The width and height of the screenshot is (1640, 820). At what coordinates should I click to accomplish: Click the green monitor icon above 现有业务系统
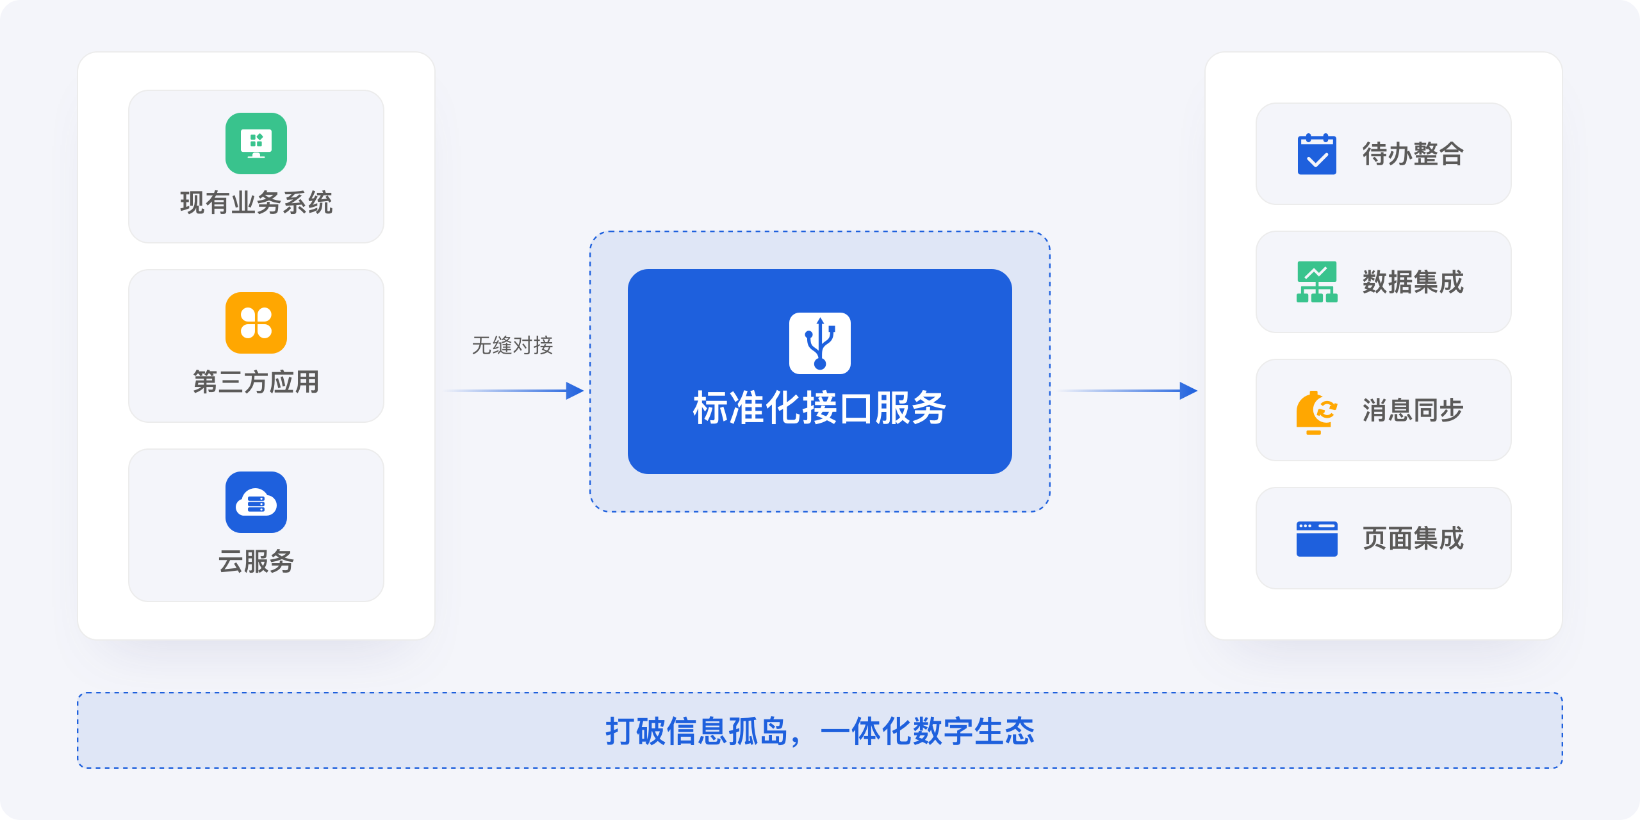256,143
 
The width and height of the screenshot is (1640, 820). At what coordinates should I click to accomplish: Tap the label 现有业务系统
256,203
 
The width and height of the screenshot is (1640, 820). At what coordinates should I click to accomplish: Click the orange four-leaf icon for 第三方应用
256,323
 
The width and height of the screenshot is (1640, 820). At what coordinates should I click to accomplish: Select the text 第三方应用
256,382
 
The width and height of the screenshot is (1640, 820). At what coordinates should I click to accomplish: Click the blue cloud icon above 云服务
256,502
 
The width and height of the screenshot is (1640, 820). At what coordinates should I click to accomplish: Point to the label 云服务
256,562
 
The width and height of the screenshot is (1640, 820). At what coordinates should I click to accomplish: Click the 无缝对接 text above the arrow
512,345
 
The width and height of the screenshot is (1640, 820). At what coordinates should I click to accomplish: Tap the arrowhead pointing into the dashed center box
575,391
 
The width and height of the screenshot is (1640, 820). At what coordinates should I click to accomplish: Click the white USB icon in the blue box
820,343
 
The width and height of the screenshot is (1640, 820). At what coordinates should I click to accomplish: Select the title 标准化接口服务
820,408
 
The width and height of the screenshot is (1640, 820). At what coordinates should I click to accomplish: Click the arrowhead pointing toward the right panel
1188,391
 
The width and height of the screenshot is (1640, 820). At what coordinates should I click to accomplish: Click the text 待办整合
1413,154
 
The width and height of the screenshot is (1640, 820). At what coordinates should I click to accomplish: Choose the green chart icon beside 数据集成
1317,282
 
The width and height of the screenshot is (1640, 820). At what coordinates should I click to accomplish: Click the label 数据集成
1413,282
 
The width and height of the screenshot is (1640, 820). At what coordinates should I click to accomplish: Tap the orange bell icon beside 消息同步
1315,411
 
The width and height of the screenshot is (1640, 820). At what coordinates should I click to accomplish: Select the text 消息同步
1413,410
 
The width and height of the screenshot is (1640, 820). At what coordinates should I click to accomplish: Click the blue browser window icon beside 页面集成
1317,539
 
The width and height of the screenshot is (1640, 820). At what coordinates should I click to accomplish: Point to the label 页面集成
1413,538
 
